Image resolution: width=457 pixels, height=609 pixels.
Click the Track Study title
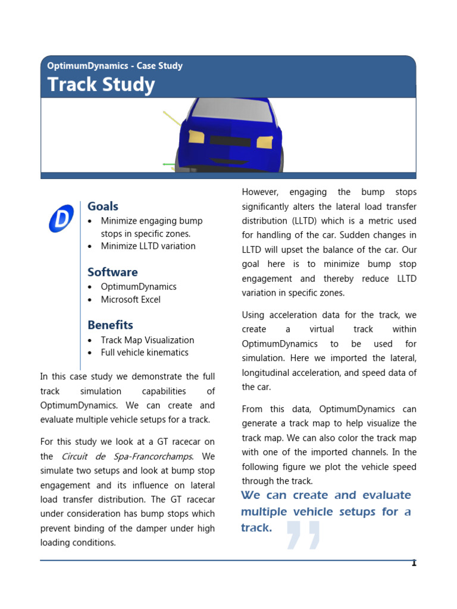(101, 85)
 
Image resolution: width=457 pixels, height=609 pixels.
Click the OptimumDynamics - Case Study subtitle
(115, 66)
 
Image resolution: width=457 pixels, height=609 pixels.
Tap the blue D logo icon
(61, 218)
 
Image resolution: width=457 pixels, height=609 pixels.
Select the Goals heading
(103, 206)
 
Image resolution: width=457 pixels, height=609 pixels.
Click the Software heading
(112, 272)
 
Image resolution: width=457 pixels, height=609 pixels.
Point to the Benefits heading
(110, 325)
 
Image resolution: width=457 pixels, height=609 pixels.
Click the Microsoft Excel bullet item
(130, 299)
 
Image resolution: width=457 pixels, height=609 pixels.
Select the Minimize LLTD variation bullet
(148, 246)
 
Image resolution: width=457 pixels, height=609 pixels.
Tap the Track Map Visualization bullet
(147, 340)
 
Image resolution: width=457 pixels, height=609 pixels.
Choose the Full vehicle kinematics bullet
(144, 352)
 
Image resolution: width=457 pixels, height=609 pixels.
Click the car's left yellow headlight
(196, 137)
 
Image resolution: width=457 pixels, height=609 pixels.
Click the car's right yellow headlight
(265, 142)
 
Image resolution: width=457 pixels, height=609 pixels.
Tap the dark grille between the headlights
(230, 141)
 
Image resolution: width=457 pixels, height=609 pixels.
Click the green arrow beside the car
(169, 164)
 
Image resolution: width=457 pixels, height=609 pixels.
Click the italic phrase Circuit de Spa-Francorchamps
(127, 456)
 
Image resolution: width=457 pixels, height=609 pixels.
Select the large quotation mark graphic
(303, 535)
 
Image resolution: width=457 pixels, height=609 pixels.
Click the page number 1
(414, 563)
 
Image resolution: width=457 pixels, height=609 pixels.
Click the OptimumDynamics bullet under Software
(138, 287)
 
